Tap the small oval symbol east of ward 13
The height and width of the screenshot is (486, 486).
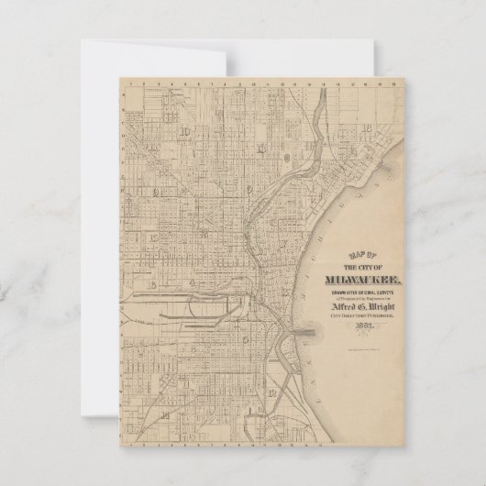pyautogui.click(x=289, y=157)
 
